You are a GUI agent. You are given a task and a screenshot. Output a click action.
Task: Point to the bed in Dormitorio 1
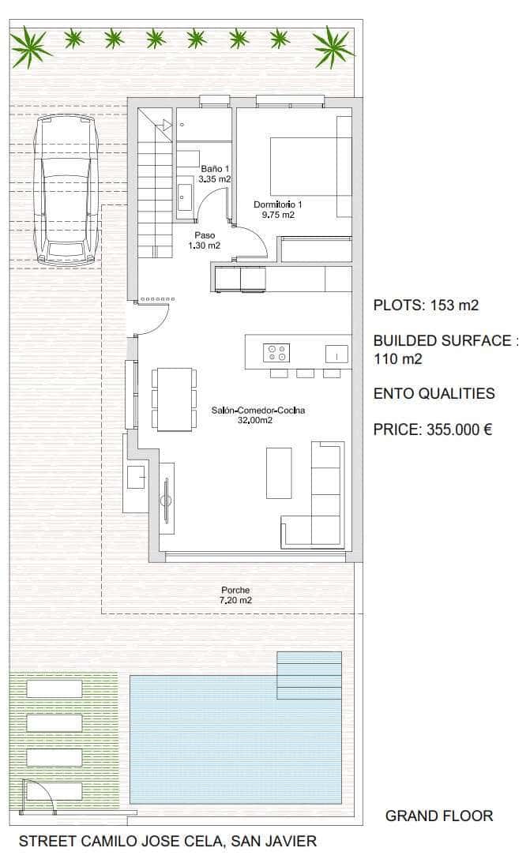308,166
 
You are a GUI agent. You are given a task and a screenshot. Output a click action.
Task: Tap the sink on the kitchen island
336,354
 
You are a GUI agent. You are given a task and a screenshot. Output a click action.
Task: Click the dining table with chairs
175,399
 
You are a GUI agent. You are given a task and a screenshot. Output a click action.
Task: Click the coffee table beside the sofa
279,472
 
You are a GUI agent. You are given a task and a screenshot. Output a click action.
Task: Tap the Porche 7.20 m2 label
235,595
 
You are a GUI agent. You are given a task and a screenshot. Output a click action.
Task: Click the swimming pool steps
309,675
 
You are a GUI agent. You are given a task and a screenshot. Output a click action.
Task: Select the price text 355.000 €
459,430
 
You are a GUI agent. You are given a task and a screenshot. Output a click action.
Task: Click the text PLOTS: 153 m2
426,306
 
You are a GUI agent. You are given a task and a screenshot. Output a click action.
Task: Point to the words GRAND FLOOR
438,816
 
